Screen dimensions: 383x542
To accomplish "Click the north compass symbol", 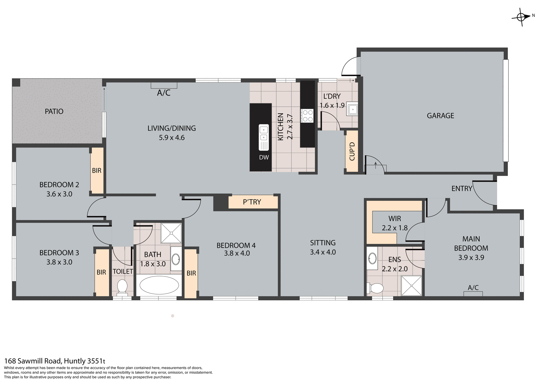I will [521, 17].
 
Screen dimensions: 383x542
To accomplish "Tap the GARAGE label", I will [440, 116].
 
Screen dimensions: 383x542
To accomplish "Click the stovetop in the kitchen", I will [307, 116].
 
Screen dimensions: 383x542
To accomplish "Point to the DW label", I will [264, 157].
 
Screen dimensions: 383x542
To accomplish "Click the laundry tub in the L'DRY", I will [352, 109].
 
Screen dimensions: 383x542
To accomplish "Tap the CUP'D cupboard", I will [352, 151].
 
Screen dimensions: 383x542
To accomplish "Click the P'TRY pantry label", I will [252, 202].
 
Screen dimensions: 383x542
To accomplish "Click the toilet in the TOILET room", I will [122, 287].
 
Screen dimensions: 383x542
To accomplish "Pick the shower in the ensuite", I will [411, 286].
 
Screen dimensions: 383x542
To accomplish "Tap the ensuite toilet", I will [375, 288].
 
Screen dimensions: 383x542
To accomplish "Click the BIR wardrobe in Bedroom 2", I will [97, 170].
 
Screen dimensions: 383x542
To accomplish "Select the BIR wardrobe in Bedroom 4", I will [191, 273].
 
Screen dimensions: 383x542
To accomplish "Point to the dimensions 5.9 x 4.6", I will [172, 138].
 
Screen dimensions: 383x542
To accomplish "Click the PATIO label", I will [54, 111].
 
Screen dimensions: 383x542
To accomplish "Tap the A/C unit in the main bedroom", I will [473, 293].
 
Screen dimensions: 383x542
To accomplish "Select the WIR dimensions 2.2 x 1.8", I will [395, 228].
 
